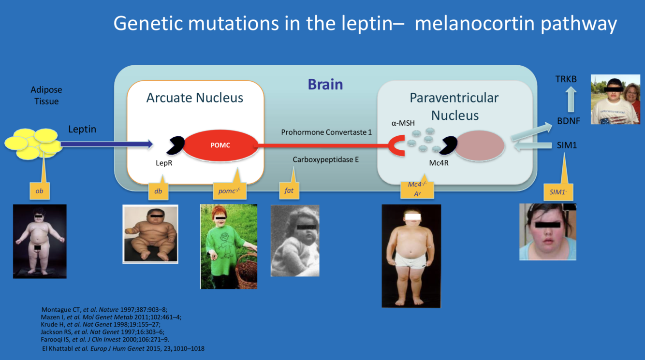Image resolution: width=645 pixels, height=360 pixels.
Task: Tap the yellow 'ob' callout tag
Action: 40,191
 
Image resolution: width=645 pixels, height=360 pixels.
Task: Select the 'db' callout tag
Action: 158,191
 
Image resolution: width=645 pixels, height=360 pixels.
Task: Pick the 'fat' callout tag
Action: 289,190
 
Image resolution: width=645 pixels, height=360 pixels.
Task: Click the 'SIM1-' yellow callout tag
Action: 557,192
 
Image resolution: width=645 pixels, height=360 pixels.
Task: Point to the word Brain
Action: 325,85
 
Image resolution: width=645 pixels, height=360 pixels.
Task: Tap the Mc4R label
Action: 439,163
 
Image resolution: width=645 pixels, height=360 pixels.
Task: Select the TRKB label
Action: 566,79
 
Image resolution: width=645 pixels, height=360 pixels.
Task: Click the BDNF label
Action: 568,121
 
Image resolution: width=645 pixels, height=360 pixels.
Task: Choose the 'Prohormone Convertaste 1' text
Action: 326,132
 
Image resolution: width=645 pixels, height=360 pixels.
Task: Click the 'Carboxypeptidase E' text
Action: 325,159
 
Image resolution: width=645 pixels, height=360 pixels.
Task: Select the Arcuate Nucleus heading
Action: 195,98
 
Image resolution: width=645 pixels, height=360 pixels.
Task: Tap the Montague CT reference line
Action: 104,310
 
